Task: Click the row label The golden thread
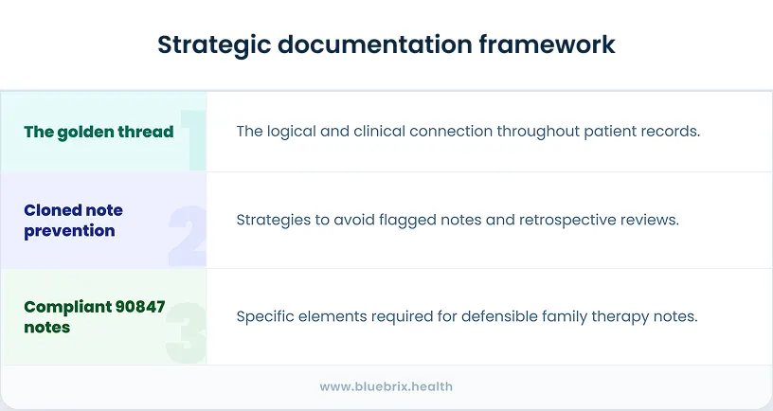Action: click(99, 132)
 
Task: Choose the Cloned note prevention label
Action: click(73, 220)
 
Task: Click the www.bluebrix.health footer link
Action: click(386, 386)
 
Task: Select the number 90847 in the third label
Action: click(136, 307)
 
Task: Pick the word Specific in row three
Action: click(265, 316)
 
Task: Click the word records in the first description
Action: click(671, 131)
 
